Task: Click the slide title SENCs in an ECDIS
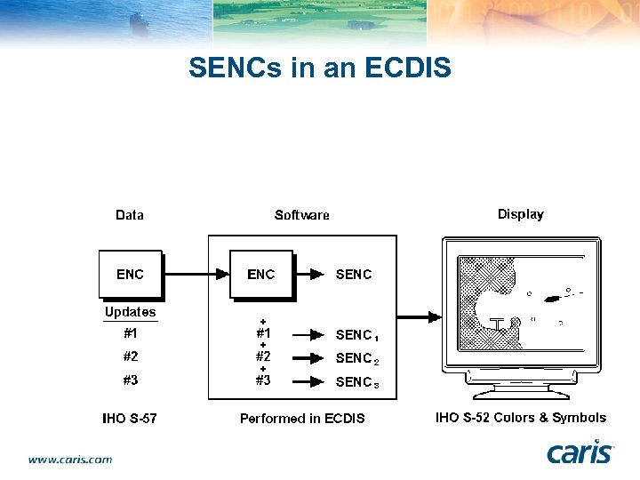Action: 319,68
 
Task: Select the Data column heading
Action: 130,214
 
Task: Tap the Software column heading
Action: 301,214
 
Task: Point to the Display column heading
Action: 520,213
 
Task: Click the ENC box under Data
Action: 130,274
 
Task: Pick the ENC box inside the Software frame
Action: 261,274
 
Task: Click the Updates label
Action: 130,312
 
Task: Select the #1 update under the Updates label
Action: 131,334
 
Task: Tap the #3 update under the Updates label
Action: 131,380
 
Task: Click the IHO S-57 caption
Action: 130,418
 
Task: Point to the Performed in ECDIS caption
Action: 302,418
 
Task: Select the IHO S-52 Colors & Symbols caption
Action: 520,417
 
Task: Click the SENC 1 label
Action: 356,335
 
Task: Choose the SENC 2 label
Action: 356,358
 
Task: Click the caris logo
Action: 580,452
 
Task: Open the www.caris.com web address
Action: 70,460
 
